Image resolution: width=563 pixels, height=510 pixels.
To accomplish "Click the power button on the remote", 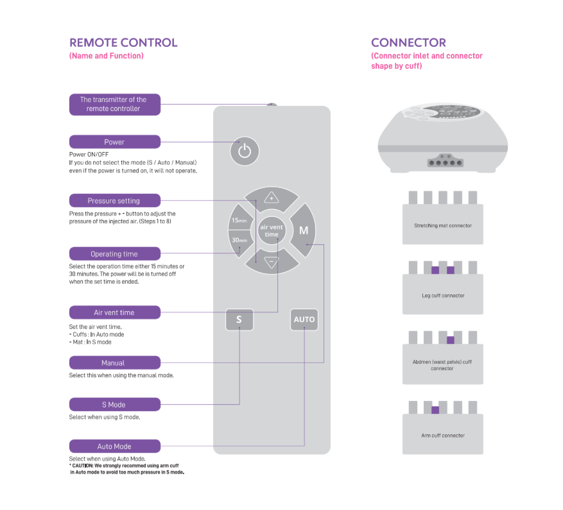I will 244,151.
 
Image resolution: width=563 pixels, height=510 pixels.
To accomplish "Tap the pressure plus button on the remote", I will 271,198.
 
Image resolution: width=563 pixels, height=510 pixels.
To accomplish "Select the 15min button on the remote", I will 239,220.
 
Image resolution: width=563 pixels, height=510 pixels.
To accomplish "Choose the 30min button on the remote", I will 239,240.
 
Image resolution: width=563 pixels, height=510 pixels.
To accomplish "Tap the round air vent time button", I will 272,230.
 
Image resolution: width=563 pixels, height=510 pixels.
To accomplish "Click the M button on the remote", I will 304,230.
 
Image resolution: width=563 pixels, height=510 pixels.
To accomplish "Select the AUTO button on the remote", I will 304,319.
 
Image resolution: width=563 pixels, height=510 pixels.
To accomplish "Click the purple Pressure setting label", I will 114,201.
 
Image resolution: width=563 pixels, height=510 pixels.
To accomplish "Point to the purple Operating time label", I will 114,254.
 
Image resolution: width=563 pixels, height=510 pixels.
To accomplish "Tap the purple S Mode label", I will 114,405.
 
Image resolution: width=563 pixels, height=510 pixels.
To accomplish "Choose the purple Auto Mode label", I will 114,446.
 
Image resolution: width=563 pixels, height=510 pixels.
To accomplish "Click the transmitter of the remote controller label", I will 114,104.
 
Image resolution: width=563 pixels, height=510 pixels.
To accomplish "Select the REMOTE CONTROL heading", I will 123,43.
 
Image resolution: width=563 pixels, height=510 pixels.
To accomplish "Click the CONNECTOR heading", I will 408,43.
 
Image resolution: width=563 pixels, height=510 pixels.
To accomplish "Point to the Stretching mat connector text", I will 443,226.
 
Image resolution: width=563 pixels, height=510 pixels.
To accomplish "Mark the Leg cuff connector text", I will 443,296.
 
